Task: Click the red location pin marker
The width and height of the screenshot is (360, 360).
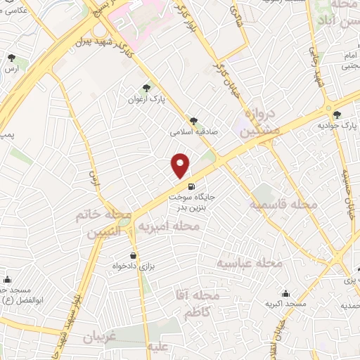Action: click(x=181, y=165)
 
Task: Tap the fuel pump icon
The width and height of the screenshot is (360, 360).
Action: click(x=173, y=188)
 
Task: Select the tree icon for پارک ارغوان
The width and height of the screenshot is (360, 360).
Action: click(x=146, y=88)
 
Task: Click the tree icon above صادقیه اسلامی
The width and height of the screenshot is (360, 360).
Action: click(x=194, y=120)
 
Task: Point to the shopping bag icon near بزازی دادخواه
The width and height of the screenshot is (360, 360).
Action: click(x=133, y=256)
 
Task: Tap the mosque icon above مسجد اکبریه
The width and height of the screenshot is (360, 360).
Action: click(x=285, y=293)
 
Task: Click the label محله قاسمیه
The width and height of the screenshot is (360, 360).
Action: click(x=284, y=204)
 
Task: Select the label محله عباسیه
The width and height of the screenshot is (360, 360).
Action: click(x=249, y=263)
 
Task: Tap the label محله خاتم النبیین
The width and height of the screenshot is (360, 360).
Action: click(x=101, y=224)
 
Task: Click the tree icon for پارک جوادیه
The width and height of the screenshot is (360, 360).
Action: click(x=338, y=114)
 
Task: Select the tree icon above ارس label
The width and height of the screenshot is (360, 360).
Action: click(x=11, y=59)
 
